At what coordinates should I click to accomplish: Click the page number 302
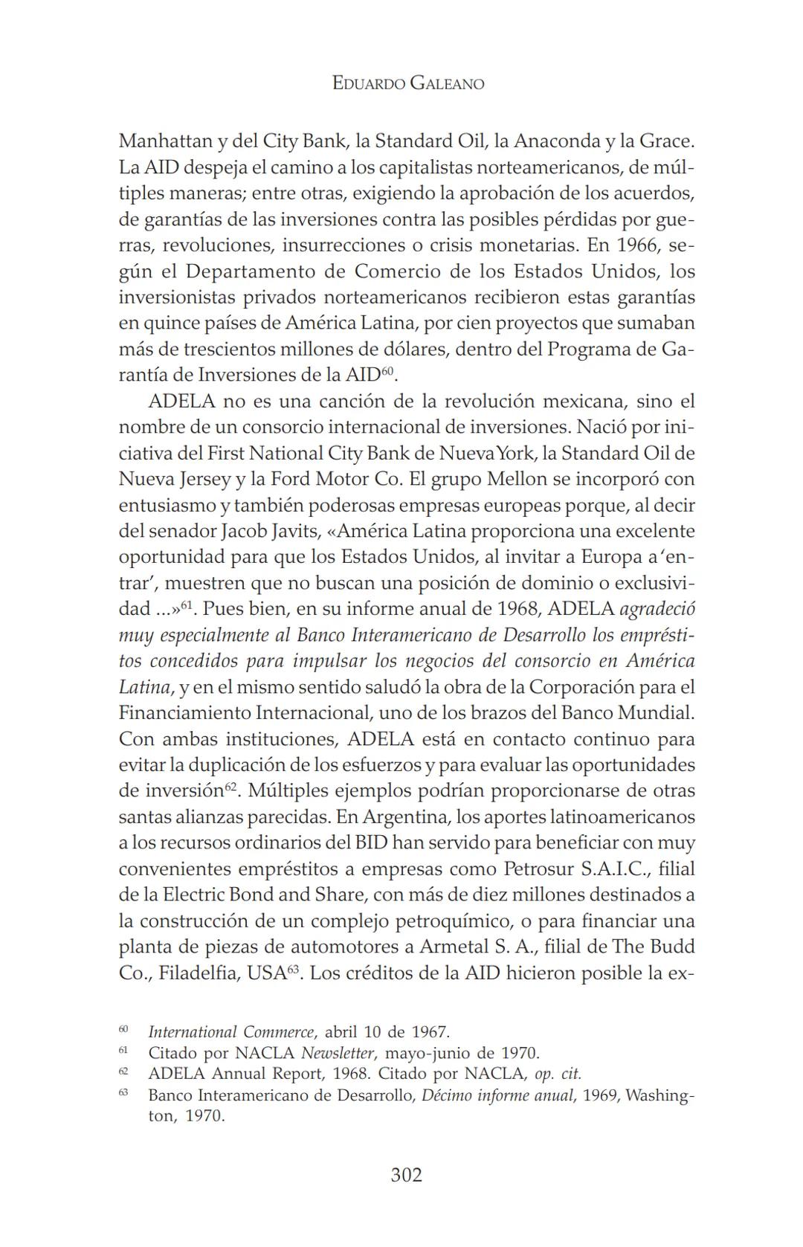pos(406,1175)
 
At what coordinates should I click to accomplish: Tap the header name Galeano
pos(446,83)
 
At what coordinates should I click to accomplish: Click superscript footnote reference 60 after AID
pos(388,370)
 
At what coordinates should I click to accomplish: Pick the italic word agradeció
pos(657,610)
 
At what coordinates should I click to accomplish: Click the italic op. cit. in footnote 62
pos(558,1074)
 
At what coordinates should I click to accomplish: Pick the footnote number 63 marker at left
pos(123,1093)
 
